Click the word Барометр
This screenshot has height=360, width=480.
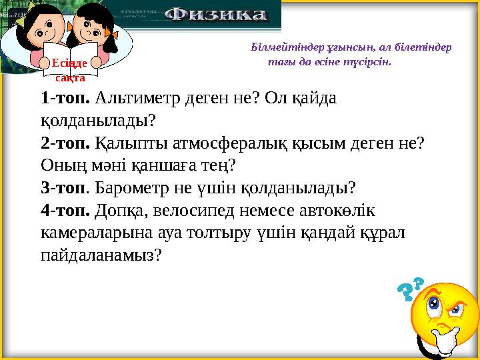(x=127, y=187)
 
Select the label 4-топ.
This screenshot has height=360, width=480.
(x=65, y=210)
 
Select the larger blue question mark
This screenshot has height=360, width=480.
(x=405, y=293)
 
